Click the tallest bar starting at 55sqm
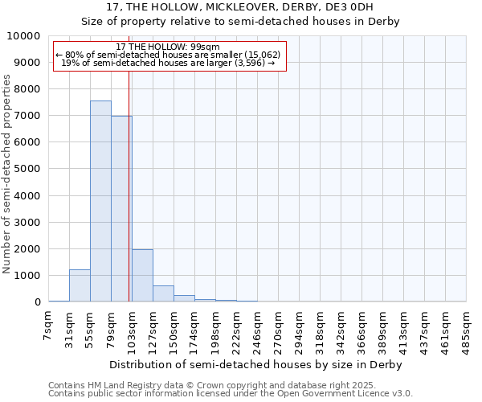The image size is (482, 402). [100, 201]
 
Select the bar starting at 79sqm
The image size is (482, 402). [121, 209]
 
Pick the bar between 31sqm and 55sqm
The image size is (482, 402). [80, 286]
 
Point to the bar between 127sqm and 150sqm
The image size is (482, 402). [163, 294]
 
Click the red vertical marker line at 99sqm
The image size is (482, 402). [129, 185]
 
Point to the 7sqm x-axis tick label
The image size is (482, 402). [48, 325]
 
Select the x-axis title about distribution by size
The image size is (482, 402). [257, 364]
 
